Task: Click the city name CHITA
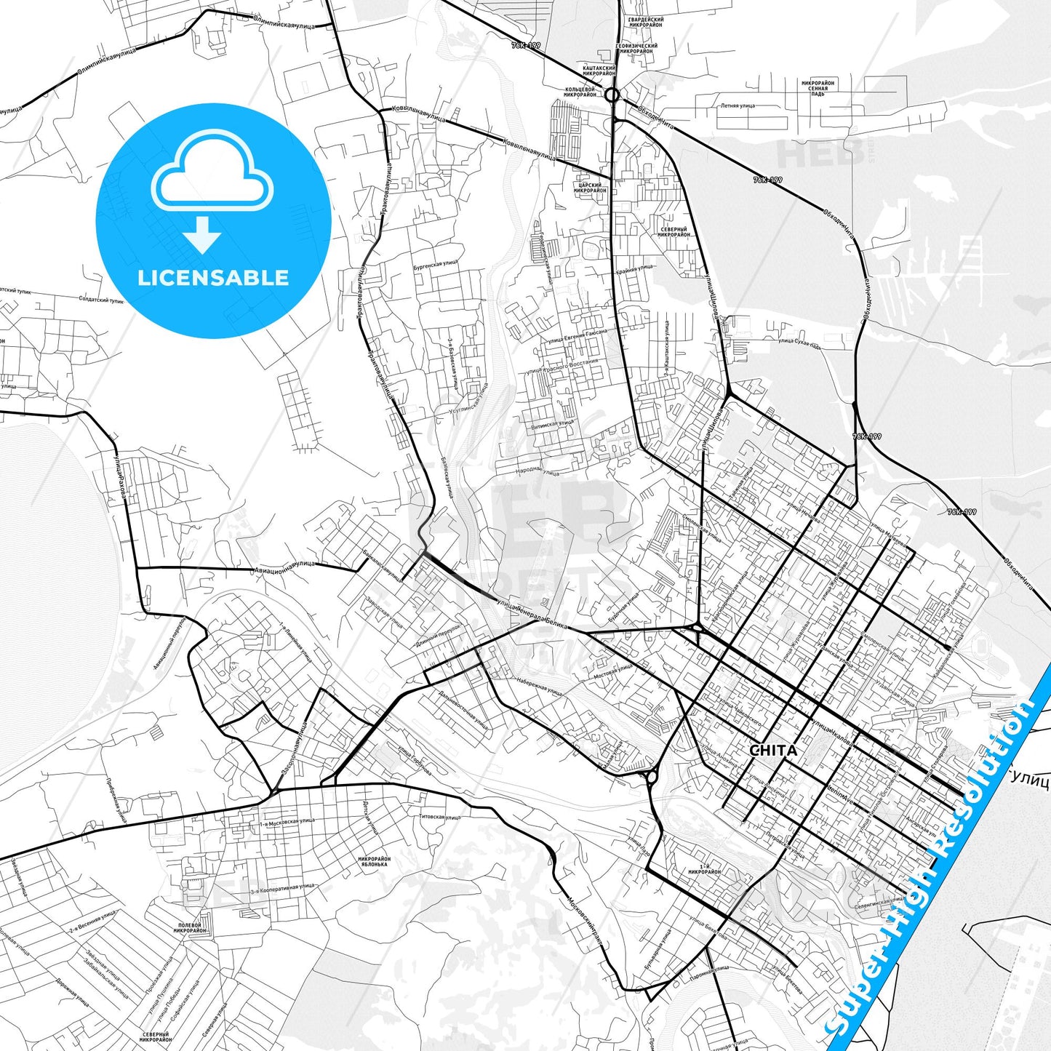pos(772,751)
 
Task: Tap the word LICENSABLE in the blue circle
pos(213,278)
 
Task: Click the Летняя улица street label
pos(738,105)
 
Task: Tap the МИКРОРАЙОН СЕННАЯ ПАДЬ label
pos(818,88)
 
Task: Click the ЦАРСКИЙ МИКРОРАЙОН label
pos(590,188)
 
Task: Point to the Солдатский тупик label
pos(101,300)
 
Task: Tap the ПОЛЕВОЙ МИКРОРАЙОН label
pos(191,927)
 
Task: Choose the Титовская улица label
pos(439,818)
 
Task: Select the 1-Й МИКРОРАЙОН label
pos(704,868)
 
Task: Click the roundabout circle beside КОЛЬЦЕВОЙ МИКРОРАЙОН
pos(612,95)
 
